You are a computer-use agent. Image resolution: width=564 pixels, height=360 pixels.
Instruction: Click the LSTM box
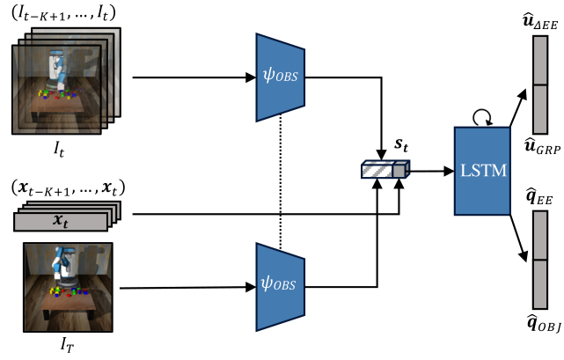coord(482,171)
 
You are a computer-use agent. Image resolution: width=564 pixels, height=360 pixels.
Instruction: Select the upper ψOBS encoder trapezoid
coord(280,77)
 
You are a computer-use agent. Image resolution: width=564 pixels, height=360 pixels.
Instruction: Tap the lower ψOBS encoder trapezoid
coord(280,287)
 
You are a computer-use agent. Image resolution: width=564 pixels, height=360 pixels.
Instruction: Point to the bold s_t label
coord(401,144)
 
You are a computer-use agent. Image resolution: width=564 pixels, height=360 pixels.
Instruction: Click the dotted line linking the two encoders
coord(281,181)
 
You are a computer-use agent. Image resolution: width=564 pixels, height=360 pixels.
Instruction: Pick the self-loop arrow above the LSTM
coord(482,117)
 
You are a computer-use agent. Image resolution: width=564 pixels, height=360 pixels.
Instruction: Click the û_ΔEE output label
coord(540,22)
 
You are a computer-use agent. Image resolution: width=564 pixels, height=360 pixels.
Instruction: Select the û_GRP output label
coord(542,146)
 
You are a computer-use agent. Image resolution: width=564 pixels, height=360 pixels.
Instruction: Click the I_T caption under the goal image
coord(67,344)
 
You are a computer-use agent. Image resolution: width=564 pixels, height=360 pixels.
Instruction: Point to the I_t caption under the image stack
coord(59,149)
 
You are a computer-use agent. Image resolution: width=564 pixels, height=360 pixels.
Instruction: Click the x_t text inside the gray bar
coord(60,220)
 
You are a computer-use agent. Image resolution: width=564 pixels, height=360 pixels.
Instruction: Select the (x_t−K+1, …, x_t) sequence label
coord(68,188)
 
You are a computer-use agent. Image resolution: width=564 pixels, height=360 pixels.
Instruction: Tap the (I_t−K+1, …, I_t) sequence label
coord(64,14)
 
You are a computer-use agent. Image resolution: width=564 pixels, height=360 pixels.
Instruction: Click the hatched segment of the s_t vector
coord(377,170)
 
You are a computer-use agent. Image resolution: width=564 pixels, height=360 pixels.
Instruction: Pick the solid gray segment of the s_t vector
coord(400,170)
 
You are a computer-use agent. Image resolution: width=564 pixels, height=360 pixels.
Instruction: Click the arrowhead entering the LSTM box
coord(449,171)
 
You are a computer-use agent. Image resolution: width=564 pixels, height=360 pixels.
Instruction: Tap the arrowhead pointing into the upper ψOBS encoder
coord(251,77)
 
